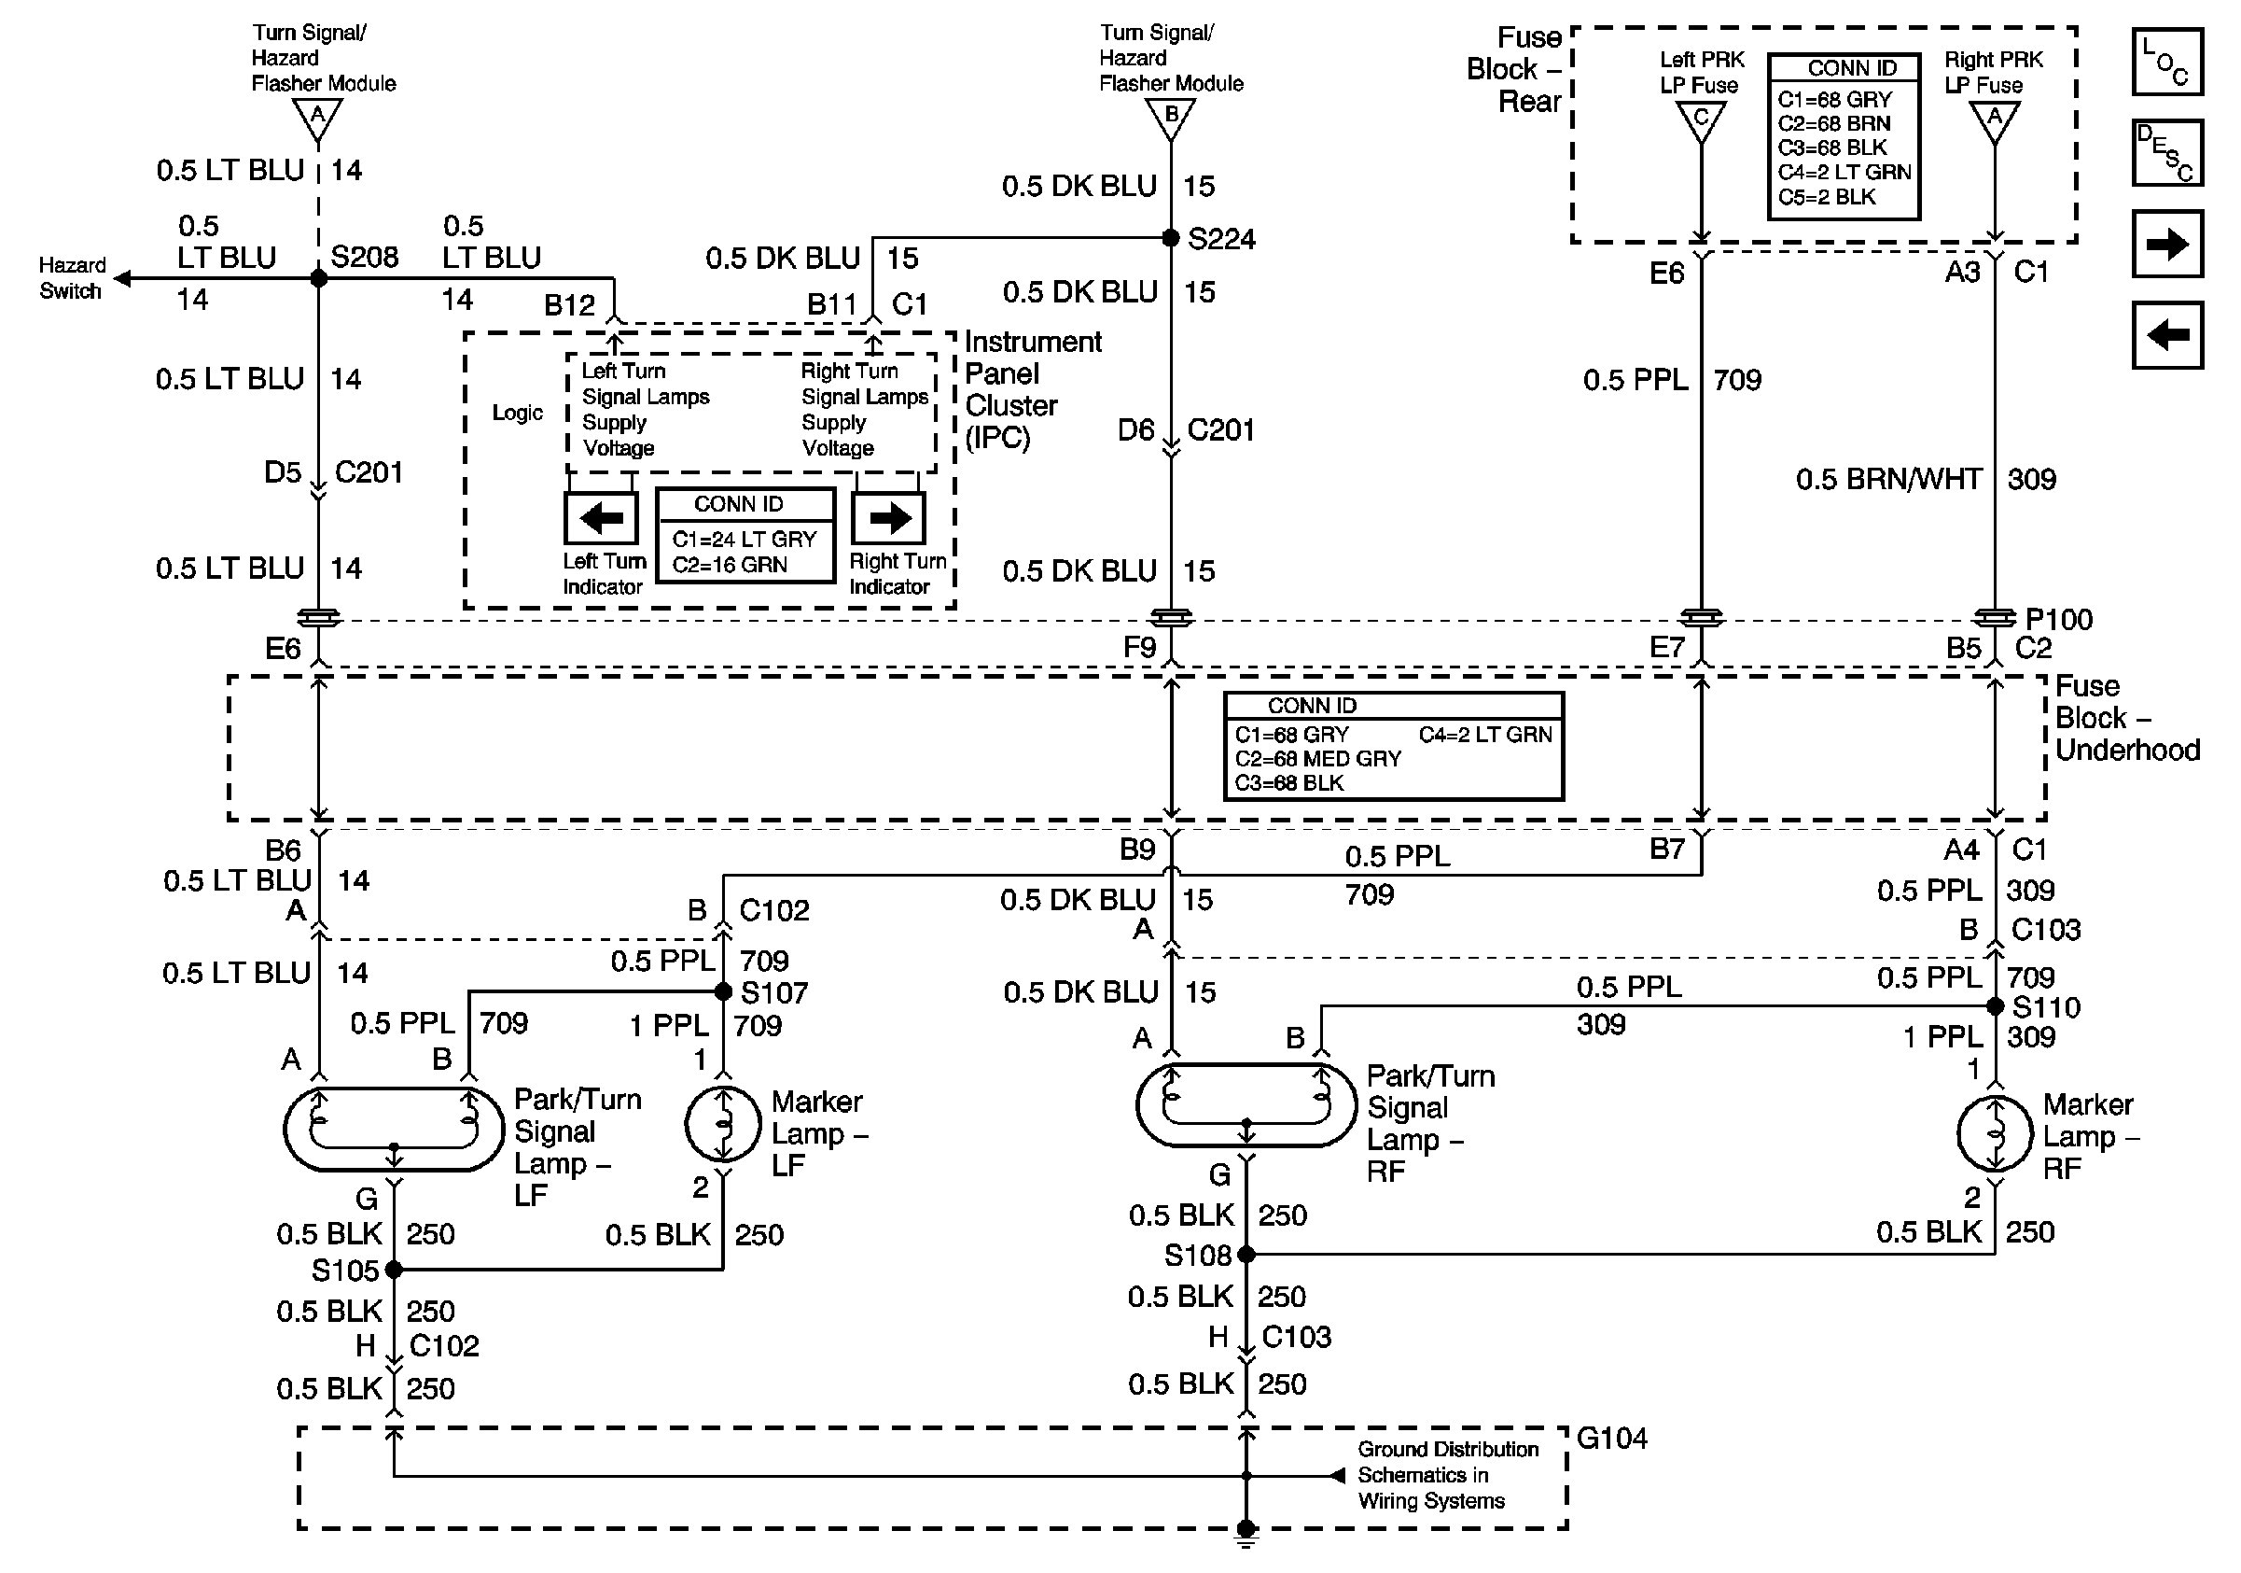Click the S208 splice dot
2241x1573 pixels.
tap(318, 278)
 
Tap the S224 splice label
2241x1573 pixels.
tap(1221, 239)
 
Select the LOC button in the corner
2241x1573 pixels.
tap(2166, 62)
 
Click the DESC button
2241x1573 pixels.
tap(2166, 152)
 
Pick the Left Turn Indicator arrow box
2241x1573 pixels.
tap(601, 517)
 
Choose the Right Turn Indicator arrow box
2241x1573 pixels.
tap(888, 517)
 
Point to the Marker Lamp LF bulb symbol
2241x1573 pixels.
tap(723, 1124)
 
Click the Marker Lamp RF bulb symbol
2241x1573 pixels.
tap(1995, 1133)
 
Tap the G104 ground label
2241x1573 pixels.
tap(1611, 1439)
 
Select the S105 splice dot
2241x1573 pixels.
tap(394, 1270)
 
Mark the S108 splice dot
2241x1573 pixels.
tap(1246, 1254)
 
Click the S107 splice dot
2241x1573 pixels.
tap(723, 992)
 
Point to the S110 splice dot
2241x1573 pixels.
tap(1995, 1005)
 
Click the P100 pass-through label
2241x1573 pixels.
tap(2058, 619)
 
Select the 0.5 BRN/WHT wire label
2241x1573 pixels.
tap(1888, 480)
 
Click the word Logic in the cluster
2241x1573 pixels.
tap(517, 413)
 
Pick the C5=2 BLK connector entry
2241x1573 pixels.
tap(1826, 197)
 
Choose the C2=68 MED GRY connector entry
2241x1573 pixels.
tap(1316, 759)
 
